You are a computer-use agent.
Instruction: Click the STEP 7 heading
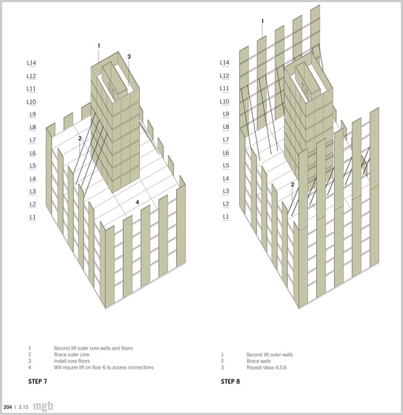pyautogui.click(x=38, y=382)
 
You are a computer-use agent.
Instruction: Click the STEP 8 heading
pyautogui.click(x=230, y=382)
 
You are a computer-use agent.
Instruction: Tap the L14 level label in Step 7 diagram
pyautogui.click(x=31, y=63)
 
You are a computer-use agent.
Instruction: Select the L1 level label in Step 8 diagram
pyautogui.click(x=225, y=217)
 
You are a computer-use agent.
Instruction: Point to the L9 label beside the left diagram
pyautogui.click(x=33, y=114)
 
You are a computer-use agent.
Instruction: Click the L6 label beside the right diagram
pyautogui.click(x=225, y=153)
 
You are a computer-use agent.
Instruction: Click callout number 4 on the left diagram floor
pyautogui.click(x=137, y=202)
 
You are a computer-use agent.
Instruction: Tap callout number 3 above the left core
pyautogui.click(x=129, y=56)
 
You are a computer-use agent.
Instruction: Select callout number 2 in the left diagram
pyautogui.click(x=80, y=138)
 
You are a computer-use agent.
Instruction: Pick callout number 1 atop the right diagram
pyautogui.click(x=262, y=21)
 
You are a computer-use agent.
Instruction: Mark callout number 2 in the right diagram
pyautogui.click(x=293, y=185)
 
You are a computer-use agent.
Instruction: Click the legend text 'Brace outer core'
pyautogui.click(x=72, y=354)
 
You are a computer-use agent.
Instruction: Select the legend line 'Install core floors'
pyautogui.click(x=72, y=361)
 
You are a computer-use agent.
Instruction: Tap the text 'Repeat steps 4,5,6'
pyautogui.click(x=267, y=367)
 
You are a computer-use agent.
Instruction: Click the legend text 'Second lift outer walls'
pyautogui.click(x=270, y=355)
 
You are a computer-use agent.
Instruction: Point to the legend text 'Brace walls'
pyautogui.click(x=259, y=361)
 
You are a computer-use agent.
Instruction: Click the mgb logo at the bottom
pyautogui.click(x=43, y=406)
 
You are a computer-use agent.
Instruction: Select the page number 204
pyautogui.click(x=8, y=407)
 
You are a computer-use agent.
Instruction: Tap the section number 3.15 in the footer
pyautogui.click(x=23, y=407)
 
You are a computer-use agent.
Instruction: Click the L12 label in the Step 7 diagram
pyautogui.click(x=31, y=76)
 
